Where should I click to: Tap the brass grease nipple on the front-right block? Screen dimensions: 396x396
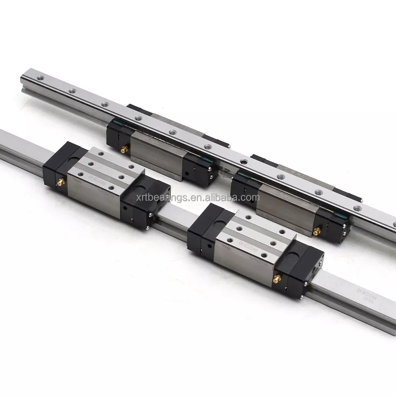(x=278, y=280)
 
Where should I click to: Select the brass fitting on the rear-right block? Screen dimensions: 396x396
(x=317, y=232)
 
